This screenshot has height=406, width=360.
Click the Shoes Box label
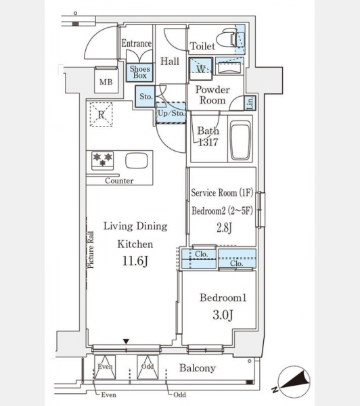(x=140, y=72)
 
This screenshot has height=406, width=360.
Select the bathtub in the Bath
(x=241, y=140)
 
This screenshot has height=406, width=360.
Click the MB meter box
(x=106, y=80)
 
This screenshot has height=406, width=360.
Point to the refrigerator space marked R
(x=102, y=114)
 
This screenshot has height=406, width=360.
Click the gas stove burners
(x=103, y=160)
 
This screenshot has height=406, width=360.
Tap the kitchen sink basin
(x=137, y=161)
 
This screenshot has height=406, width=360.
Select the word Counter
(x=119, y=181)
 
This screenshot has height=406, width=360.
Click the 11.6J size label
(x=135, y=261)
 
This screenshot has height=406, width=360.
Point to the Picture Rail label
(x=91, y=250)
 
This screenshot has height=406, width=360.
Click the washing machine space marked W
(x=201, y=69)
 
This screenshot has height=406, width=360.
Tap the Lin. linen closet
(x=250, y=103)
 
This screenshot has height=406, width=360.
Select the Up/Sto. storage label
(x=171, y=113)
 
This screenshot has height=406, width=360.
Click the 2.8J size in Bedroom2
(x=224, y=228)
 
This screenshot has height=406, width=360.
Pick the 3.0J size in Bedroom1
(x=223, y=315)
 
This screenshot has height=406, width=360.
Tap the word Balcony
(x=198, y=368)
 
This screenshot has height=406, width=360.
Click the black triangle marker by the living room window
(x=126, y=342)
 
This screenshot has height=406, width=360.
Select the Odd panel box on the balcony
(x=148, y=367)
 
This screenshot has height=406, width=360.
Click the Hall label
(x=170, y=61)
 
